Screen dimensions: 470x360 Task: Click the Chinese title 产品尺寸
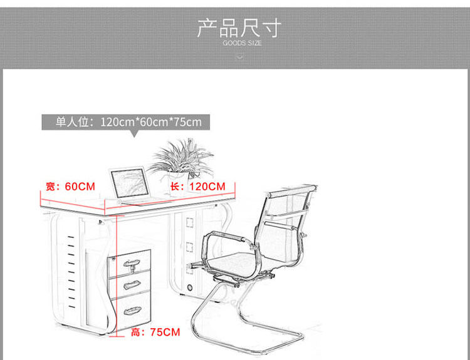[x=239, y=28]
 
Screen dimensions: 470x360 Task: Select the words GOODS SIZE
[x=242, y=43]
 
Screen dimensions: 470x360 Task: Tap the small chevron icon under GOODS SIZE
[x=239, y=57]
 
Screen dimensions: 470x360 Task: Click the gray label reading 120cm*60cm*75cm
[x=126, y=121]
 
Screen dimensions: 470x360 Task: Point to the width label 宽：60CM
[x=70, y=187]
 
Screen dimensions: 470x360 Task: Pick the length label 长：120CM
[x=198, y=187]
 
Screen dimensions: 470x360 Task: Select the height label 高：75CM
[x=155, y=331]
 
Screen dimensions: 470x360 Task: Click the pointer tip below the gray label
[x=133, y=135]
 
